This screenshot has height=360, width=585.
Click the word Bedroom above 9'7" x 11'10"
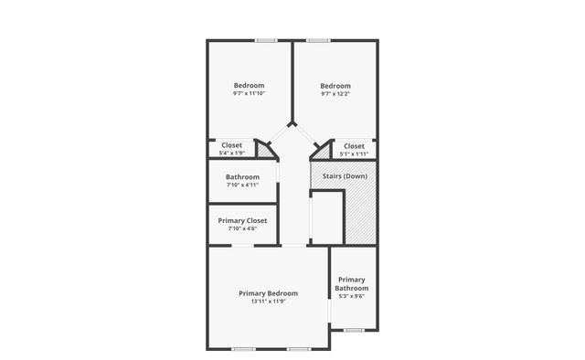pyautogui.click(x=249, y=85)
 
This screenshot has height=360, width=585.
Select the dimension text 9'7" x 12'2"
pyautogui.click(x=335, y=94)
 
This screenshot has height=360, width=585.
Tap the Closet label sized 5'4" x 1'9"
pyautogui.click(x=231, y=145)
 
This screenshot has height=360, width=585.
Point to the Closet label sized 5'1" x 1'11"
pyautogui.click(x=354, y=146)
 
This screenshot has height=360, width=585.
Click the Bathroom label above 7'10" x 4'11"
pyautogui.click(x=243, y=176)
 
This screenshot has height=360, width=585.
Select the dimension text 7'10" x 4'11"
pyautogui.click(x=243, y=185)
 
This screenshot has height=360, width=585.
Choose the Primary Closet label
pyautogui.click(x=242, y=220)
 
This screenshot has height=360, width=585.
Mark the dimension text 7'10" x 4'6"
pyautogui.click(x=242, y=228)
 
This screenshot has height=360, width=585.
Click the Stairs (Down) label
pyautogui.click(x=345, y=175)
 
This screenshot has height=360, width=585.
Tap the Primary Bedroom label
pyautogui.click(x=268, y=293)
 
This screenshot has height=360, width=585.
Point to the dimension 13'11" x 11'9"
pyautogui.click(x=268, y=302)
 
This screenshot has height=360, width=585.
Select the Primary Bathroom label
pyautogui.click(x=352, y=283)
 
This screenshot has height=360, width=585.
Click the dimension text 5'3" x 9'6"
pyautogui.click(x=352, y=296)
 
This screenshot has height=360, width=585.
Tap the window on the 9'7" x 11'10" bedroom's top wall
pyautogui.click(x=266, y=40)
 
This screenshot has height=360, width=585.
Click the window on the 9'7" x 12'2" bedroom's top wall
pyautogui.click(x=318, y=40)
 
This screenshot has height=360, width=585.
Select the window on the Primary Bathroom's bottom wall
pyautogui.click(x=353, y=329)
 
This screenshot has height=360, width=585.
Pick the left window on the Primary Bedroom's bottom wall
pyautogui.click(x=243, y=348)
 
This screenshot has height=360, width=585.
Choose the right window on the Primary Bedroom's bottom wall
pyautogui.click(x=299, y=348)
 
